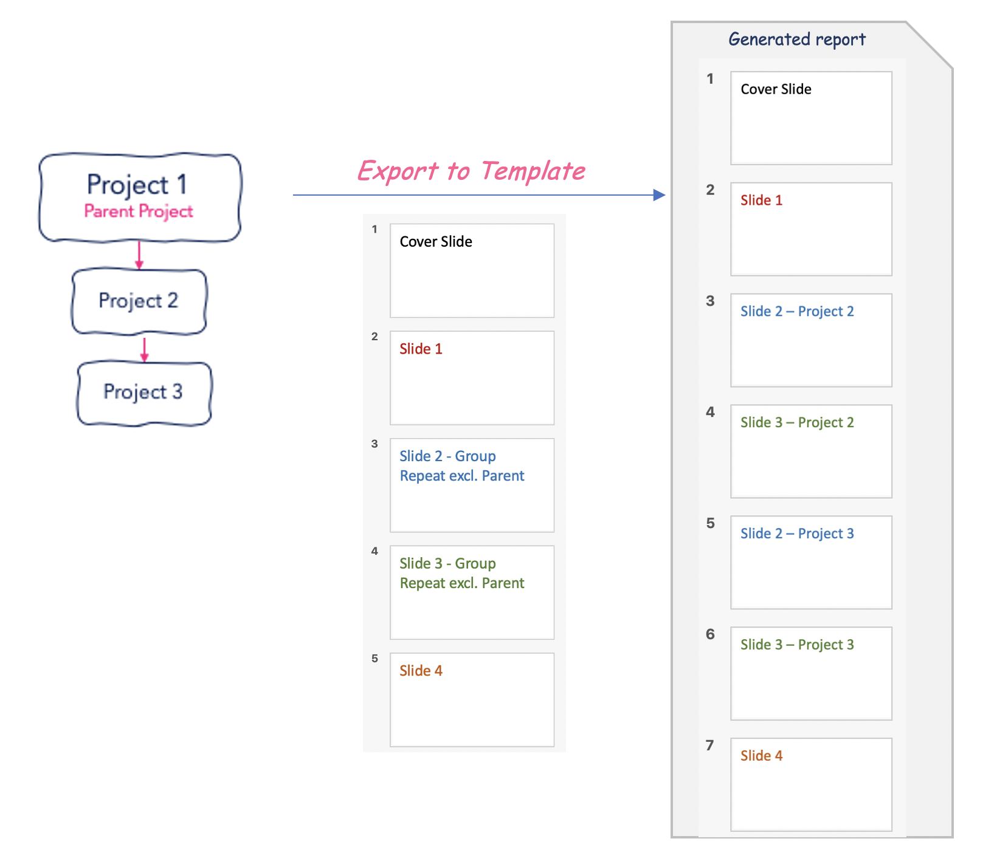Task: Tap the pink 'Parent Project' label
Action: tap(139, 211)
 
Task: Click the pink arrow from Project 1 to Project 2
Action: tap(139, 255)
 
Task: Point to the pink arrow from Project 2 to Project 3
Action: tap(144, 349)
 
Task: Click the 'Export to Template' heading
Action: tap(471, 171)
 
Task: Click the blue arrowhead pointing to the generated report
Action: tap(659, 195)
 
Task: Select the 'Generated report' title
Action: tap(797, 39)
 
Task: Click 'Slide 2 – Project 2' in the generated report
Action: tap(797, 312)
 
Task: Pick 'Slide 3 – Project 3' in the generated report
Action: tap(797, 645)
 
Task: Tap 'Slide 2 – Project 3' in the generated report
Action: tap(797, 533)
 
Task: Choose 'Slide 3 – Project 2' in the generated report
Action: tap(797, 423)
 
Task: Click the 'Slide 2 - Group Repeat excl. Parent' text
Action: tap(462, 466)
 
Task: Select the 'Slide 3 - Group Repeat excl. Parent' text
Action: tap(462, 574)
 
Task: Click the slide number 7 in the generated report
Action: tap(709, 746)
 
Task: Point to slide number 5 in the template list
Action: tap(374, 659)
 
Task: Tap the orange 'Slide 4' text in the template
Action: tap(421, 671)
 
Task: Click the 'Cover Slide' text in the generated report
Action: tap(776, 89)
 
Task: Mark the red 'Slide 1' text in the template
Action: tap(421, 349)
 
